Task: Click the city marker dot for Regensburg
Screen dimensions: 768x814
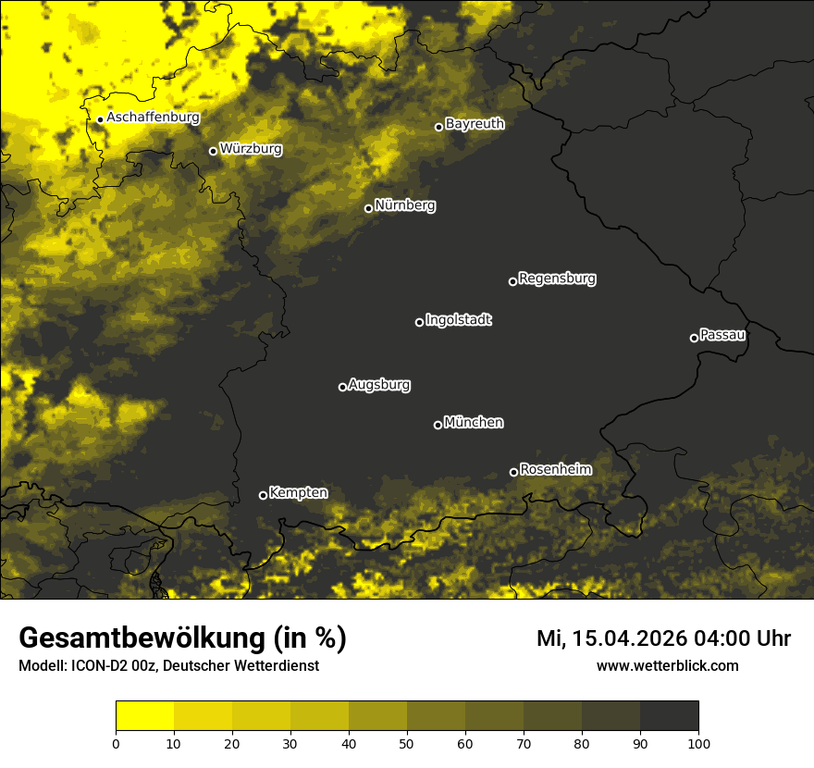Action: [x=512, y=281]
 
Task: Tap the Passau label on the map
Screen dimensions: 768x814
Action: [x=722, y=334]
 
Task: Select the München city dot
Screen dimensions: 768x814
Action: [x=438, y=425]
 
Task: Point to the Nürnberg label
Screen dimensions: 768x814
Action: [x=405, y=205]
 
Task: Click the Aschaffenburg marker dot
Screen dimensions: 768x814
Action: [x=100, y=119]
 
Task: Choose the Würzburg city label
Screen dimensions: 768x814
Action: [x=251, y=148]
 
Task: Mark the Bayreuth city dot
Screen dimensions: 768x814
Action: [x=438, y=127]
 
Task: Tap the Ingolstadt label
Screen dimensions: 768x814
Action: [x=459, y=320]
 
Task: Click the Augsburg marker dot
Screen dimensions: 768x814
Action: [x=342, y=387]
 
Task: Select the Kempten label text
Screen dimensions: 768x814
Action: [x=298, y=492]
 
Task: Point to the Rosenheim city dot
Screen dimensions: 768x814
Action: [x=513, y=473]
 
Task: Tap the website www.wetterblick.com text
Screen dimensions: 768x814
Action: [x=667, y=665]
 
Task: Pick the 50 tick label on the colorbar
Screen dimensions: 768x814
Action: [x=407, y=742]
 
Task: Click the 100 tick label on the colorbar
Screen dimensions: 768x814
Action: [x=698, y=742]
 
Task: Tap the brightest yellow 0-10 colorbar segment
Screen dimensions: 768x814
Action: [x=145, y=716]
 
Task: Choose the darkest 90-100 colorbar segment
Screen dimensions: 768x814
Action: [x=669, y=716]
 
